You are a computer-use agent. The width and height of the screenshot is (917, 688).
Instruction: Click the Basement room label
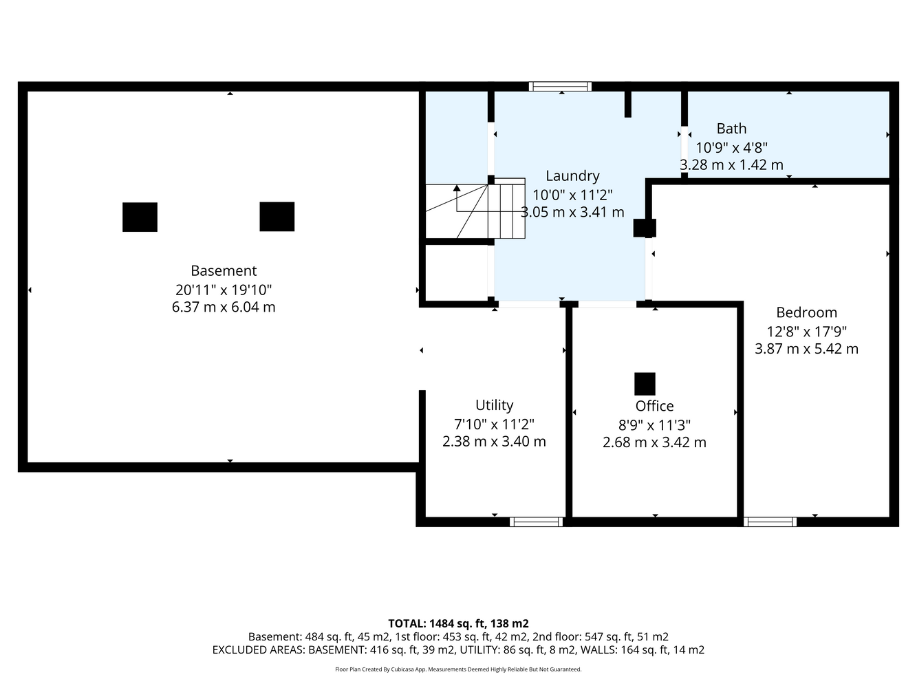click(224, 270)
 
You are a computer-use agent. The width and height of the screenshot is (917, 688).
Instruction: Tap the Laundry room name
click(572, 176)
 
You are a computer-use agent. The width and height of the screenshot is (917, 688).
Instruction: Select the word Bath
click(731, 129)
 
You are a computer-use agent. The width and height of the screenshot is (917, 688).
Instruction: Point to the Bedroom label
click(806, 312)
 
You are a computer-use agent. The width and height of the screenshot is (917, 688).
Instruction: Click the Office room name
click(654, 406)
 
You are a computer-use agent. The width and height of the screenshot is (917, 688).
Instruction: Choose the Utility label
click(494, 405)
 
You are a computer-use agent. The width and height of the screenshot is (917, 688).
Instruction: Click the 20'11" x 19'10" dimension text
click(224, 290)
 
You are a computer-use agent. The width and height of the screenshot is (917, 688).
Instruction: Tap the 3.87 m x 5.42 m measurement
click(806, 349)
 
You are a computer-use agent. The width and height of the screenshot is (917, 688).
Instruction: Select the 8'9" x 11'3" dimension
click(654, 425)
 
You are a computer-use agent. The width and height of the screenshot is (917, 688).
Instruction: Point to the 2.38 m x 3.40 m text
click(494, 442)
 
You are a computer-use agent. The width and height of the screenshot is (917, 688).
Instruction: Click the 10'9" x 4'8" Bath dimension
click(731, 147)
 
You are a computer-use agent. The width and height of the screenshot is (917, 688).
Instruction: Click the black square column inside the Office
click(645, 384)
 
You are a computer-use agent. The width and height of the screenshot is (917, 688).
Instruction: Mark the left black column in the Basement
click(140, 217)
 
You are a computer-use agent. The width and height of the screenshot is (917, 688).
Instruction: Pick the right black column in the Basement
click(277, 217)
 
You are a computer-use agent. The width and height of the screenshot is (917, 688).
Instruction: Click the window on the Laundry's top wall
click(560, 87)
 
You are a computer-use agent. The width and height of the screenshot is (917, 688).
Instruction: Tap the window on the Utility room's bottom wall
click(537, 522)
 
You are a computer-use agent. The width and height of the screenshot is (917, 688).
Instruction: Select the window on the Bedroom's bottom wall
click(770, 522)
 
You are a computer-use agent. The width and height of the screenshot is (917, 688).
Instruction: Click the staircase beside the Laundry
click(475, 211)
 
